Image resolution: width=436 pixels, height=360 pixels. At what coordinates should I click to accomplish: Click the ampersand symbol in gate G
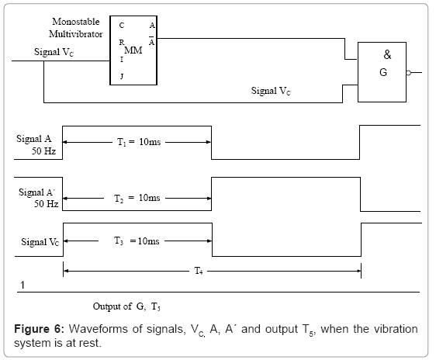coord(387,54)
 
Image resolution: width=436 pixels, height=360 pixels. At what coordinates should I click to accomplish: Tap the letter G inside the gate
coord(383,72)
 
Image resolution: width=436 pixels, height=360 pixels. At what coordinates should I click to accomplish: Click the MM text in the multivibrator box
coord(133,50)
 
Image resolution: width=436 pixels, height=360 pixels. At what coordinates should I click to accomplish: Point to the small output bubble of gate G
coord(408,73)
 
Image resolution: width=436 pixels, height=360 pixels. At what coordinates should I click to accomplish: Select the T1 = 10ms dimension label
coord(139,142)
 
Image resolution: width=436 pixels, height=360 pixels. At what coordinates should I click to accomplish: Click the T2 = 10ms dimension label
coord(137,198)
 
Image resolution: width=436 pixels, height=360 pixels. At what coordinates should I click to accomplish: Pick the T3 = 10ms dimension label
coord(137,241)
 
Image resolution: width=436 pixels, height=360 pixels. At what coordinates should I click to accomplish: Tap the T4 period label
coord(199,271)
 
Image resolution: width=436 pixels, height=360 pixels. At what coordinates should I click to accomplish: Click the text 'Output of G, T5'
coord(126,306)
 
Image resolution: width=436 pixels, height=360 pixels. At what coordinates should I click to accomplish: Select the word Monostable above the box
coord(76,22)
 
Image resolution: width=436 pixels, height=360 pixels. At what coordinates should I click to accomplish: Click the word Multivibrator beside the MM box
coord(76,34)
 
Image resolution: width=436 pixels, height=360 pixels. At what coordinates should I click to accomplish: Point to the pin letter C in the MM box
coord(122,26)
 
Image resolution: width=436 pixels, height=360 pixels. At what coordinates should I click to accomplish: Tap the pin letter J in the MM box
coord(122,76)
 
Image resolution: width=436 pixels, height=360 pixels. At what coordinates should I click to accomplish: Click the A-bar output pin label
coord(151,41)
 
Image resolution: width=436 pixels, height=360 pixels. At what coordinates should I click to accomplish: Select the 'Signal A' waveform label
coord(33,138)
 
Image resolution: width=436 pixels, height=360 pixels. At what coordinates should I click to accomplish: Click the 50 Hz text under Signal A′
coord(46,204)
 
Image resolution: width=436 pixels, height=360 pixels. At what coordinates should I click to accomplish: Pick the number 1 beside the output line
coord(22,285)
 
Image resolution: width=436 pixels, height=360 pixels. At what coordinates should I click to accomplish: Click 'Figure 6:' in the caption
coord(40,329)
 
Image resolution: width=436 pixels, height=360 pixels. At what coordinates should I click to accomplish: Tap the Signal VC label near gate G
coord(271,91)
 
